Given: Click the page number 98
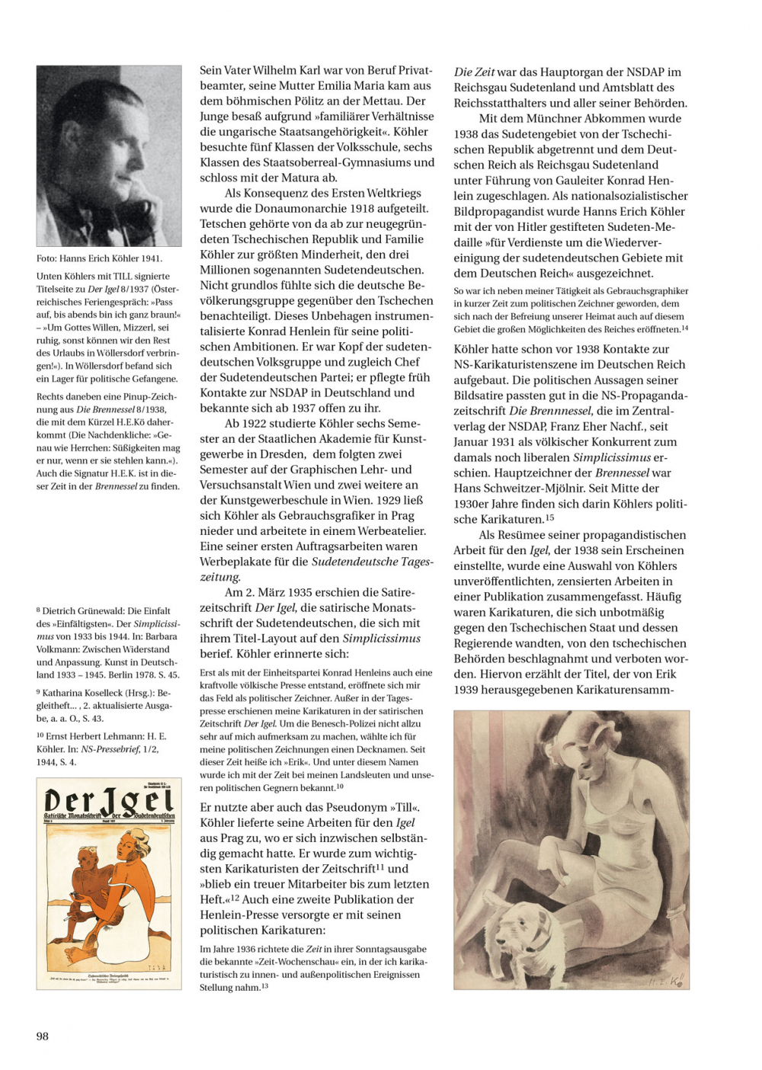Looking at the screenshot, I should (43, 1036).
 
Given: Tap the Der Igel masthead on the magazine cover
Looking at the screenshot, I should (109, 801).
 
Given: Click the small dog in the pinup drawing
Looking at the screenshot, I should (526, 934).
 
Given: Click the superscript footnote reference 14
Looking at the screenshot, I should (685, 328).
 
